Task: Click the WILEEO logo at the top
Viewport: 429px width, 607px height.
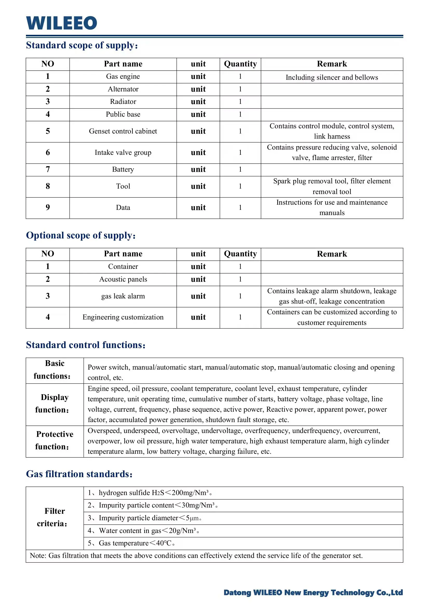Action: [x=62, y=23]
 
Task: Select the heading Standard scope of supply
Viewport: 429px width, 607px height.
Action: [x=82, y=45]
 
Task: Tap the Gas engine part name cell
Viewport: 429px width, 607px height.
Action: [x=123, y=77]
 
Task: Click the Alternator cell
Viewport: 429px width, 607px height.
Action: [x=123, y=89]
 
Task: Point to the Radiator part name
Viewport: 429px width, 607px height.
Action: [x=123, y=102]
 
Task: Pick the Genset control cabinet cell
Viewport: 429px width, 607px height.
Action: [x=123, y=131]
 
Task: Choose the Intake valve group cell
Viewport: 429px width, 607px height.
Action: [x=123, y=153]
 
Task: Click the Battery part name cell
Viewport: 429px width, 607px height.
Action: [x=123, y=169]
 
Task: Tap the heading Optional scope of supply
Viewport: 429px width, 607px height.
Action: [x=80, y=236]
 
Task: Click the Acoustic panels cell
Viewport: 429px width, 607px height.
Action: [x=123, y=279]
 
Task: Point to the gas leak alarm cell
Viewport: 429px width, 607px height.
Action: [x=123, y=296]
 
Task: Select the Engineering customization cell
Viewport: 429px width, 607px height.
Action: [x=123, y=317]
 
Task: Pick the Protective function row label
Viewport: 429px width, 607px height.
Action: [x=55, y=441]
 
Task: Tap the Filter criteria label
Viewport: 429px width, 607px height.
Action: [x=55, y=517]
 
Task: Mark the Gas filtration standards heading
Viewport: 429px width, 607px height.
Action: [x=79, y=474]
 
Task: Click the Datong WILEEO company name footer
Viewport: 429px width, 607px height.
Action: [x=313, y=593]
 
